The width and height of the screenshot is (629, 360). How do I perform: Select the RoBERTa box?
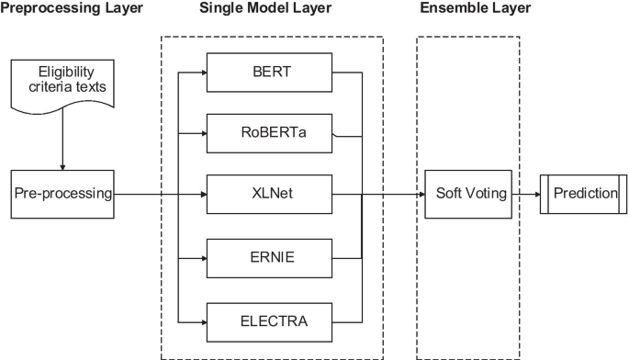268,132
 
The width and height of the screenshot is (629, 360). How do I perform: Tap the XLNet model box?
268,195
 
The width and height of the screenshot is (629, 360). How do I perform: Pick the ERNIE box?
268,258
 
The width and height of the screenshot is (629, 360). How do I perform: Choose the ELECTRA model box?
268,321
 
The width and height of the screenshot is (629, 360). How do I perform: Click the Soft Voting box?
467,195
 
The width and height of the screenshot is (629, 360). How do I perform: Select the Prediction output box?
578,195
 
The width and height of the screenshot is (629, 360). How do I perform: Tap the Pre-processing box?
62,195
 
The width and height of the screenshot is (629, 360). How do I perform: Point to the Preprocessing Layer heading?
72,9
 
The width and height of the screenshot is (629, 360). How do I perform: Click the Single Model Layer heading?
266,9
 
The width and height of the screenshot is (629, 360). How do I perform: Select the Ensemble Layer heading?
475,9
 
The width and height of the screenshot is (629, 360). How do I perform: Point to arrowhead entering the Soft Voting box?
419,195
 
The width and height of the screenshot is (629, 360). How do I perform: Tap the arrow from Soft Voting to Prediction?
525,195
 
